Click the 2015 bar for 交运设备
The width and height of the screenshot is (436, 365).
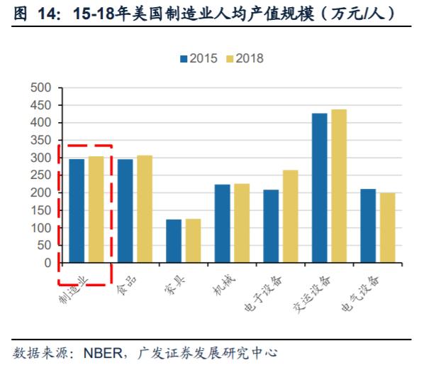point(320,188)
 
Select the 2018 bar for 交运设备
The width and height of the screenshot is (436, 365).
point(339,186)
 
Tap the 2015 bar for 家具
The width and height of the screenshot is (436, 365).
point(173,241)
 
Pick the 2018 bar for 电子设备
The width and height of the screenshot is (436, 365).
point(291,217)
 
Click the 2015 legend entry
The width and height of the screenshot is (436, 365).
point(199,58)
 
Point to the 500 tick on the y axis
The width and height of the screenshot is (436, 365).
point(43,88)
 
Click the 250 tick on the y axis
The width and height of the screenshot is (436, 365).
point(43,175)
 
